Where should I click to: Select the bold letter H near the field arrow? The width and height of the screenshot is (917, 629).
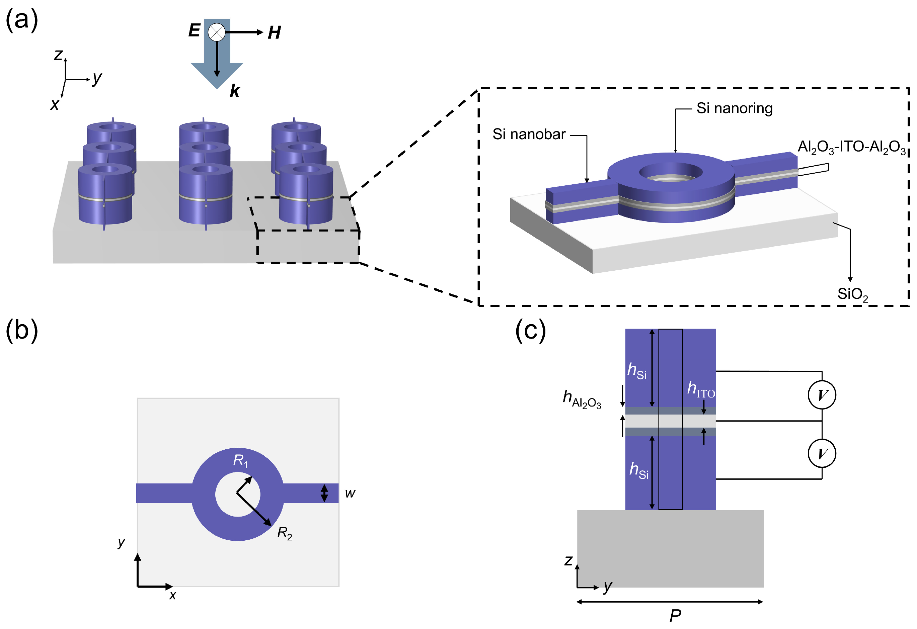(274, 33)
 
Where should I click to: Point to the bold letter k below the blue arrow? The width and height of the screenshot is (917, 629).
(234, 91)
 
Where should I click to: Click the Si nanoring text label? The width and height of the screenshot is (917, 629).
(734, 108)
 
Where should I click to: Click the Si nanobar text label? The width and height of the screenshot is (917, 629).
(529, 134)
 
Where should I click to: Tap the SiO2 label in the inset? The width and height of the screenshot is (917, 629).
(852, 294)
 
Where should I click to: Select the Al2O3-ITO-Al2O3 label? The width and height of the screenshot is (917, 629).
(851, 147)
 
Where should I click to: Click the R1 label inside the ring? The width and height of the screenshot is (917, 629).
(240, 460)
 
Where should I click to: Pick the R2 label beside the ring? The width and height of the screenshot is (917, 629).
(285, 533)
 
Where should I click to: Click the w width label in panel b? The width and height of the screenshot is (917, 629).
(350, 493)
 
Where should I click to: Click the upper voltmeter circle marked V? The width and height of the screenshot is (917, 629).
(822, 395)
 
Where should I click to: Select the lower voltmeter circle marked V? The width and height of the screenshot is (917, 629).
(822, 453)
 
